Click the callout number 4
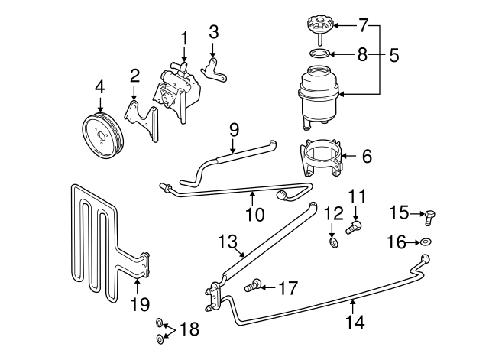click(99, 87)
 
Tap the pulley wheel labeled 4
click(100, 135)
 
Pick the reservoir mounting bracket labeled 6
click(322, 157)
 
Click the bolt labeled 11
click(354, 227)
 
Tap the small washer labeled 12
click(334, 243)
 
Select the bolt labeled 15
click(429, 219)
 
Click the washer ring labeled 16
click(425, 243)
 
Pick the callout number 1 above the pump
click(184, 37)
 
